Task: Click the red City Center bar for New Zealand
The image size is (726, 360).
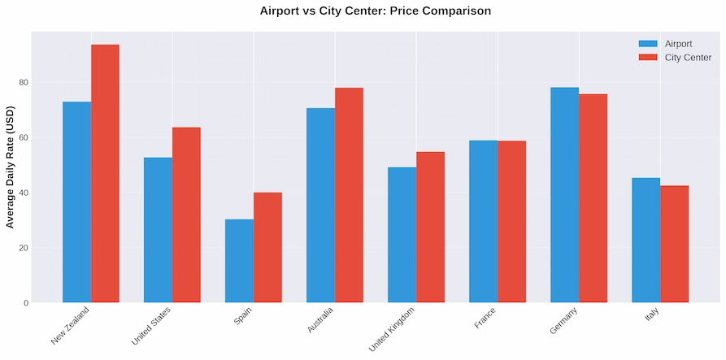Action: point(105,174)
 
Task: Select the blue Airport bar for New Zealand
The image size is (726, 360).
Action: point(76,202)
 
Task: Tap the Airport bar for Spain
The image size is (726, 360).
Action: point(239,261)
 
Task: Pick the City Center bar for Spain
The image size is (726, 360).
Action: point(267,248)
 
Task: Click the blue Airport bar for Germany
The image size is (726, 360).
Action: point(564,195)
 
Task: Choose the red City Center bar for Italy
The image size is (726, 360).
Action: point(674,245)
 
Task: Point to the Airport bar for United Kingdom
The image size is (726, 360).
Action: point(402,235)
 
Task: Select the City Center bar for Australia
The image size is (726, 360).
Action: point(349,195)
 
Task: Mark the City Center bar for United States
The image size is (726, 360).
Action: point(186,215)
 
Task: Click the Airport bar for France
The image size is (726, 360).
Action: point(483,222)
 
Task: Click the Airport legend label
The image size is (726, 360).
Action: point(678,44)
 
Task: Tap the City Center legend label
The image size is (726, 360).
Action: point(688,58)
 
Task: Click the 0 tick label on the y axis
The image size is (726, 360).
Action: point(25,303)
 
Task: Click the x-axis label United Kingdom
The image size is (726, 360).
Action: point(393,328)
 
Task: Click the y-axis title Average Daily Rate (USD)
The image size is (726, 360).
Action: point(10,167)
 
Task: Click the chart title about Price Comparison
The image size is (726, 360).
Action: point(375,11)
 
